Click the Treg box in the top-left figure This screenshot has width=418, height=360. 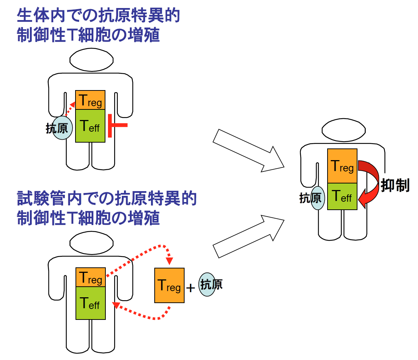(90, 100)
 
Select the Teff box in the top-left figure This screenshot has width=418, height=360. (90, 126)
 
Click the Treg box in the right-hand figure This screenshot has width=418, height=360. (342, 166)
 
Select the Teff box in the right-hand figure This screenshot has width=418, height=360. (342, 196)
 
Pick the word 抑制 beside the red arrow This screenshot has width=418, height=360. (395, 186)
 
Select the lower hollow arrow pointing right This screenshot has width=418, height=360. (248, 237)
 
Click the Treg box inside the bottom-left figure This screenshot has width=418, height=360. (90, 278)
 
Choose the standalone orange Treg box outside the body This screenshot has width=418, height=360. (169, 285)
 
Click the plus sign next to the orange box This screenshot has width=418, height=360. (191, 288)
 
